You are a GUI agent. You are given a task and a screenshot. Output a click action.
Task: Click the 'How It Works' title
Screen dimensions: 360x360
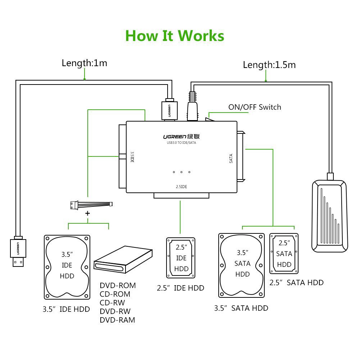(x=175, y=36)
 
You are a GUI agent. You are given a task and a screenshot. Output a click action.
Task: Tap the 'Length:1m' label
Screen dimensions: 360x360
(x=84, y=63)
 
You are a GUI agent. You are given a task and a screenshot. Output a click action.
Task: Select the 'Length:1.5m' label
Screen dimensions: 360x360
(x=269, y=65)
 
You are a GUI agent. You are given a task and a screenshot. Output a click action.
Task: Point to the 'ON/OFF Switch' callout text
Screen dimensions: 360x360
(x=255, y=107)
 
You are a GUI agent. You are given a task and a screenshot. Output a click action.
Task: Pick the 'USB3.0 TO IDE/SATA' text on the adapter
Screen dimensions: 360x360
(x=181, y=143)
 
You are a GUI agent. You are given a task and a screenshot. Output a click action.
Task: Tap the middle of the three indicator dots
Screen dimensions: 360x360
(x=181, y=172)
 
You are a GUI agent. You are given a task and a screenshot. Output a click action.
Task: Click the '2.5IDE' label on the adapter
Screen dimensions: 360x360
(x=181, y=187)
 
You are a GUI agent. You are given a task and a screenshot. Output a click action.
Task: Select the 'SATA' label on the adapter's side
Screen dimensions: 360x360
(x=231, y=159)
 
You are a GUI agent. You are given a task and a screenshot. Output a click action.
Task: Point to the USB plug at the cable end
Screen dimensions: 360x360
(x=17, y=251)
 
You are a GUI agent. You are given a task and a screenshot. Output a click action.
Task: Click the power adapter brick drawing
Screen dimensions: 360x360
(x=329, y=215)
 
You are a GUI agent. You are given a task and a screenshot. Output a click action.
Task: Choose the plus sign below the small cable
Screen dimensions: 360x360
(x=87, y=213)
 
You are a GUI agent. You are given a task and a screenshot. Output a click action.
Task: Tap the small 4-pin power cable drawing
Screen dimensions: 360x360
(x=90, y=204)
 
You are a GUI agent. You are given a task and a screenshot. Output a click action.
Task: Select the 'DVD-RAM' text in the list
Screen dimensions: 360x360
(x=118, y=320)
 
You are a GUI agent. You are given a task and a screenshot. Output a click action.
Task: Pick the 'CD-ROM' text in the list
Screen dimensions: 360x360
(x=115, y=294)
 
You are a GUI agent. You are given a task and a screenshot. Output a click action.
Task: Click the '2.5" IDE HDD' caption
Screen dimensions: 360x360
(x=180, y=288)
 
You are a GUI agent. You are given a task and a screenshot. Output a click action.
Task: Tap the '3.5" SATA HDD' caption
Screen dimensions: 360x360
(x=241, y=308)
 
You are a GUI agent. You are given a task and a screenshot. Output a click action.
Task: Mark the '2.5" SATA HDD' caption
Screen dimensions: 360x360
(x=296, y=283)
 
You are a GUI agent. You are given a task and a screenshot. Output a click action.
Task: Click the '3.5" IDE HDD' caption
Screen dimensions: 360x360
(x=66, y=309)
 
